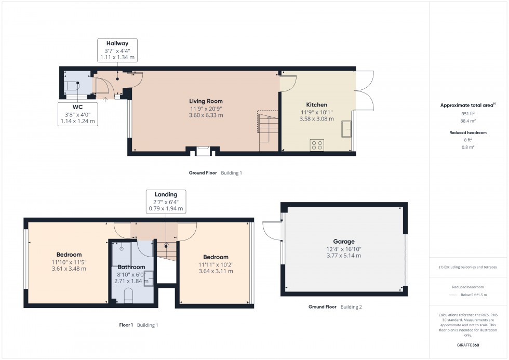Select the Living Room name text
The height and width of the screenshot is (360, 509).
(206, 101)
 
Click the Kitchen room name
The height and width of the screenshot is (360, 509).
(316, 105)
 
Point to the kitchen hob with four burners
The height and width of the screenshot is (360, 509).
(316, 145)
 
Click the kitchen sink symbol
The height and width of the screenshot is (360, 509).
(346, 126)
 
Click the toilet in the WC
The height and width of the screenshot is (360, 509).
(71, 86)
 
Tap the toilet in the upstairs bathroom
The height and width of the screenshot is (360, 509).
(129, 297)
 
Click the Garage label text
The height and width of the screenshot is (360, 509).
(343, 242)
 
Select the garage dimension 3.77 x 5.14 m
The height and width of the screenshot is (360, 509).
(343, 256)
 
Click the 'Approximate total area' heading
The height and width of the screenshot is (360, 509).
(467, 105)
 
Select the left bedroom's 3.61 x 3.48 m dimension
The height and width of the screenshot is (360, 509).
(69, 269)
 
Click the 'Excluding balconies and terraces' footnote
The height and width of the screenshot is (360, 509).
(468, 267)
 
